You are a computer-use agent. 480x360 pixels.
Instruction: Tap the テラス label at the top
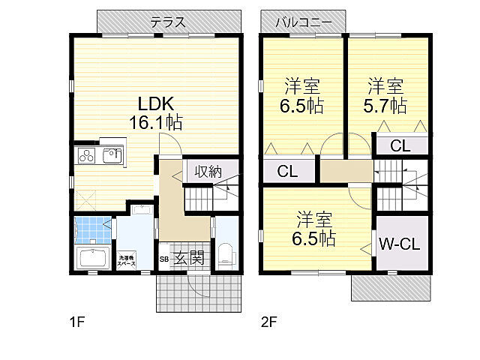pyautogui.click(x=168, y=22)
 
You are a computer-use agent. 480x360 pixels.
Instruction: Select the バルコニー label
pyautogui.click(x=303, y=22)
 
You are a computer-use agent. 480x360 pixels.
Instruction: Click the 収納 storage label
pyautogui.click(x=208, y=171)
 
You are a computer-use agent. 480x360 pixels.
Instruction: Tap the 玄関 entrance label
pyautogui.click(x=188, y=259)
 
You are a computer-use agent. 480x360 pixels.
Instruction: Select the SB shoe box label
pyautogui.click(x=163, y=260)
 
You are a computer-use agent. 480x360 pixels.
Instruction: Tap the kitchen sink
pyautogui.click(x=112, y=156)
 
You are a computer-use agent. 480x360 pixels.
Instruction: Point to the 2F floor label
pyautogui.click(x=269, y=322)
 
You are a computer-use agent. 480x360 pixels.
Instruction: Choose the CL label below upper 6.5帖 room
pyautogui.click(x=287, y=172)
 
